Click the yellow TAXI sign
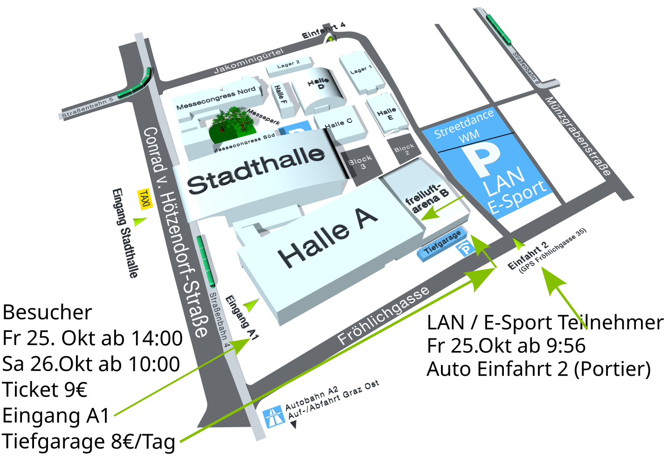click(145, 199)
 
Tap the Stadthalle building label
click(255, 170)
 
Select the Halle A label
click(327, 238)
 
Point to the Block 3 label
click(361, 162)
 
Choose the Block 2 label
click(404, 149)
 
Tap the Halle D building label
click(318, 84)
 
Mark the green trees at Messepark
click(231, 123)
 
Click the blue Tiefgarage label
click(442, 242)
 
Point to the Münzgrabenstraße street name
click(578, 136)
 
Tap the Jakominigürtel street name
click(248, 61)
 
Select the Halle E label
click(387, 113)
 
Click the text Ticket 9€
click(45, 390)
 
